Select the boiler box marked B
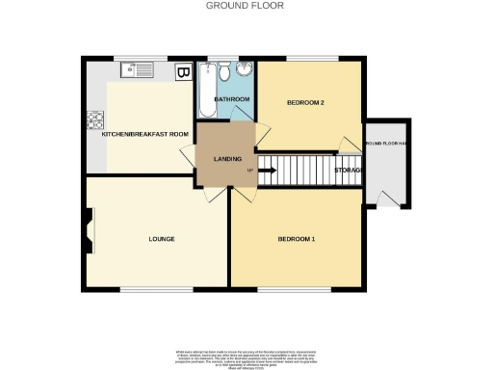(x=182, y=71)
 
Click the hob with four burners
(x=96, y=121)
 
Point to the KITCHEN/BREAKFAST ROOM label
(x=143, y=134)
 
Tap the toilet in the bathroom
(x=223, y=72)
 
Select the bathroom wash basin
(x=245, y=70)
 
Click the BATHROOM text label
(x=232, y=99)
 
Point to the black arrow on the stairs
(x=267, y=171)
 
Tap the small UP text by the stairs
(x=250, y=171)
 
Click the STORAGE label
(x=348, y=171)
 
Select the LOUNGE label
(x=161, y=238)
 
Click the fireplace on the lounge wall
(x=87, y=232)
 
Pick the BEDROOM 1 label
(x=298, y=238)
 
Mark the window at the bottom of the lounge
(x=156, y=289)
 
